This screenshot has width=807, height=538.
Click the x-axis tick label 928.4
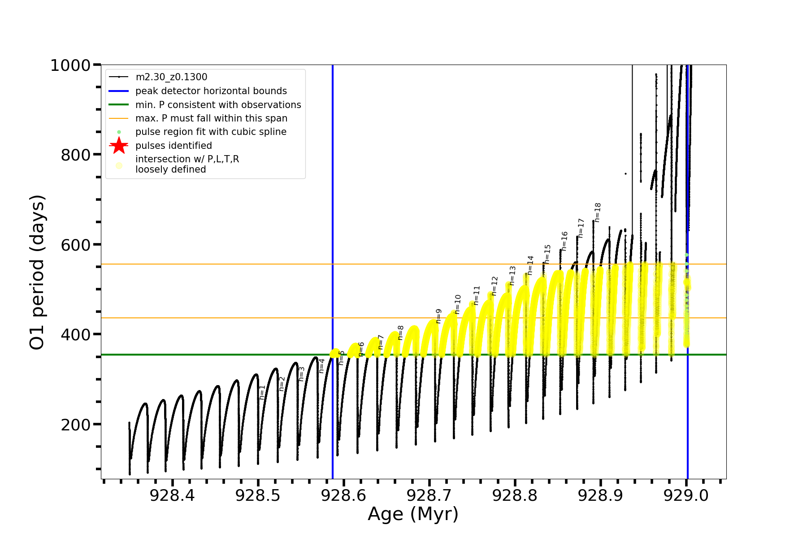pyautogui.click(x=172, y=495)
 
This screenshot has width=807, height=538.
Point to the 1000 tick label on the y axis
pyautogui.click(x=71, y=65)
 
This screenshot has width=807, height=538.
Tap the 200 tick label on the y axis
pyautogui.click(x=75, y=424)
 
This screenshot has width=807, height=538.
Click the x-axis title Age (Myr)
pyautogui.click(x=413, y=514)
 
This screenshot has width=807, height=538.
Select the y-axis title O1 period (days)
pyautogui.click(x=37, y=272)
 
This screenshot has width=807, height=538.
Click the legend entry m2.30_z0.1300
pyautogui.click(x=171, y=77)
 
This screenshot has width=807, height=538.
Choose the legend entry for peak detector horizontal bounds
pyautogui.click(x=211, y=91)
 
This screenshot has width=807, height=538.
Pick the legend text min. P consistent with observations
pyautogui.click(x=218, y=105)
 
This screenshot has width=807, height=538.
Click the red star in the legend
pyautogui.click(x=119, y=146)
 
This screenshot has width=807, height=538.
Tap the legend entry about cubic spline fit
pyautogui.click(x=211, y=132)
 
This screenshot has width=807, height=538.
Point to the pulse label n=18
pyautogui.click(x=598, y=213)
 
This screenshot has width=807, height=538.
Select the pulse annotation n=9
pyautogui.click(x=439, y=316)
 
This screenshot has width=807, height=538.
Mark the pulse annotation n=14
pyautogui.click(x=531, y=265)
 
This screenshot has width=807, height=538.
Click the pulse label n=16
pyautogui.click(x=565, y=241)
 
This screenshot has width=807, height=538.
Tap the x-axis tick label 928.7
pyautogui.click(x=429, y=495)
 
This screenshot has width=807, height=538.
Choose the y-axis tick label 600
pyautogui.click(x=75, y=245)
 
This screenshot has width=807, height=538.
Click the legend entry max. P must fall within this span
pyautogui.click(x=211, y=118)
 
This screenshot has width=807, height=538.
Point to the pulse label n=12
pyautogui.click(x=495, y=286)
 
